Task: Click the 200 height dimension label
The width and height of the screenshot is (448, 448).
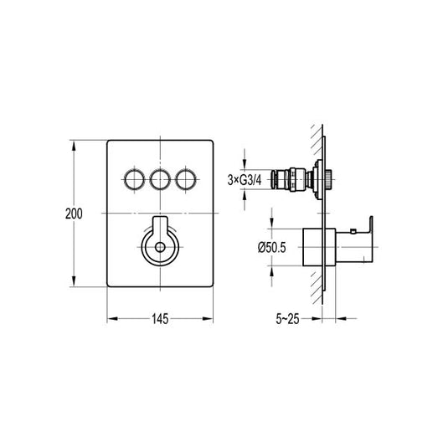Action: point(74,214)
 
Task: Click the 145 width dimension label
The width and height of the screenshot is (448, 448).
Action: point(160,319)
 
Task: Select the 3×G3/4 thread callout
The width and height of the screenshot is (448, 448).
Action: point(245,180)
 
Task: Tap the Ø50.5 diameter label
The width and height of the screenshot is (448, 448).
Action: point(271,247)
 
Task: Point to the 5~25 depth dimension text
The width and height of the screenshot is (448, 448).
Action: point(287,319)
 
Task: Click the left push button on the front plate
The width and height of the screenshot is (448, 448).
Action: point(135,180)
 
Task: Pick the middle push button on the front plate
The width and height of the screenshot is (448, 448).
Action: point(160,180)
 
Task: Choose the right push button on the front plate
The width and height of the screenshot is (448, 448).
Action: point(186,180)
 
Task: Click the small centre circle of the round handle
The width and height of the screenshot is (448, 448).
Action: point(160,247)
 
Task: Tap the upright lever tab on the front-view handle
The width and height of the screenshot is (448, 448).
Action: point(160,227)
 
